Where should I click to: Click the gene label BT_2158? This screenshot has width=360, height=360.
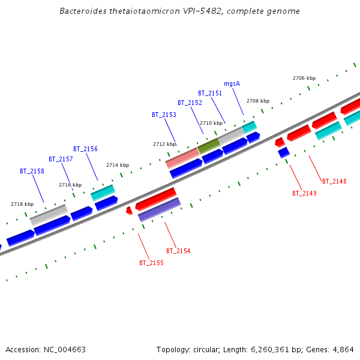tap(32, 171)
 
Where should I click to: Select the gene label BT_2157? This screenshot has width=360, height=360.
tap(61, 159)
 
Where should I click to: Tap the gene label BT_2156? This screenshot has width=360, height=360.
tap(85, 149)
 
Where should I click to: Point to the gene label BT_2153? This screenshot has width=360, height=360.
tap(164, 115)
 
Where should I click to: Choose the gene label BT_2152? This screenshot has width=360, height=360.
tap(190, 103)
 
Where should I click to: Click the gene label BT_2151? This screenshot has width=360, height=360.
tap(210, 93)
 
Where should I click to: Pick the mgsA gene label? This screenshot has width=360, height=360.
tap(232, 83)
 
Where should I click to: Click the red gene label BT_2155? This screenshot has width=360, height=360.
tap(151, 263)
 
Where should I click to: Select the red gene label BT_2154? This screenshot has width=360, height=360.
tap(178, 251)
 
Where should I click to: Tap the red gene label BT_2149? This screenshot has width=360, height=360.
tap(304, 193)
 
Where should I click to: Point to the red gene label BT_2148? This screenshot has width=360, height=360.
tap(334, 181)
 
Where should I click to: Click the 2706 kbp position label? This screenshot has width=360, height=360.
tap(304, 78)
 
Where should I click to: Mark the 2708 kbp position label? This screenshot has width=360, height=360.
tap(258, 101)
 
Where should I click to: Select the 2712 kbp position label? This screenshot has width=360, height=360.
tap(164, 144)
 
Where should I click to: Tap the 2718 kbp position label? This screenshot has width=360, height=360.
tap(22, 204)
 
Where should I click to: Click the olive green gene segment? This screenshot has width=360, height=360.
tap(208, 145)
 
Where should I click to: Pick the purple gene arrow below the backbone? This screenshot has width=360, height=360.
tap(160, 209)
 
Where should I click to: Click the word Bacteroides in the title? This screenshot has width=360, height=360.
tap(83, 11)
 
